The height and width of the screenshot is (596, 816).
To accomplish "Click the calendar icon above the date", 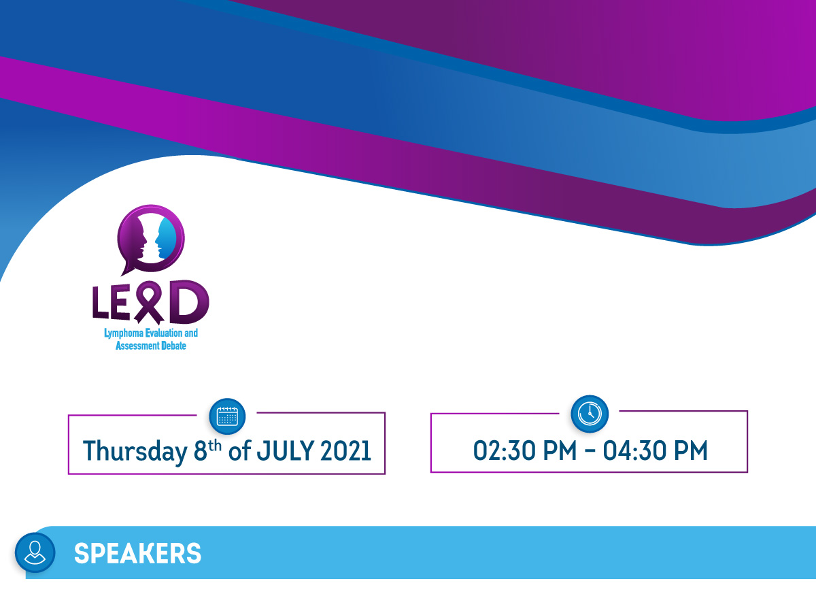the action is click(227, 416).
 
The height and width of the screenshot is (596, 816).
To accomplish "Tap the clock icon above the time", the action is click(590, 414).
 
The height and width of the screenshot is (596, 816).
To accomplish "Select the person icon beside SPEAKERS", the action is click(35, 552).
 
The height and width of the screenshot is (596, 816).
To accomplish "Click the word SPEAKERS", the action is click(137, 553).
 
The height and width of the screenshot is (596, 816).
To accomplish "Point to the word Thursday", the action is click(135, 452).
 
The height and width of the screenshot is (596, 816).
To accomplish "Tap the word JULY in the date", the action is click(286, 451).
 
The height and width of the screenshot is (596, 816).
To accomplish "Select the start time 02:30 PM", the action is click(525, 450).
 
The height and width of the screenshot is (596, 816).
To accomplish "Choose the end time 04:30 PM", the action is click(655, 450).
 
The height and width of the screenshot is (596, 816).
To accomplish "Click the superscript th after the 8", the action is click(215, 446).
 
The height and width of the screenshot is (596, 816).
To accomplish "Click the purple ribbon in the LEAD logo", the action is click(149, 303).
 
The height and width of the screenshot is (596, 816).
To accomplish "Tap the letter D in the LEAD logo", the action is click(189, 302).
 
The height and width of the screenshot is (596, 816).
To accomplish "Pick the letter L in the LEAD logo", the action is click(101, 303).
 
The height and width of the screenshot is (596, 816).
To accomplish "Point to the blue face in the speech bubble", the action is click(166, 238).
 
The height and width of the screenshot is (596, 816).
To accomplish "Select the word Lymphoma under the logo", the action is click(124, 333).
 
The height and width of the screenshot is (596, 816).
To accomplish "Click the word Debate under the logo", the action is click(173, 346).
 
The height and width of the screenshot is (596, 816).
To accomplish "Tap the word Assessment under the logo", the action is click(137, 346).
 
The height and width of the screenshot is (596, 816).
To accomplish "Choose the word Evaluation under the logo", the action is click(164, 333).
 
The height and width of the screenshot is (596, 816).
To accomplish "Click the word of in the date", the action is click(239, 451).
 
